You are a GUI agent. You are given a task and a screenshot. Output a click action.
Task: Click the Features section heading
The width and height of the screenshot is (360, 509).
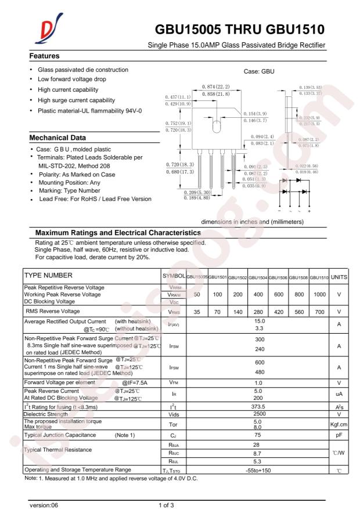[45, 56]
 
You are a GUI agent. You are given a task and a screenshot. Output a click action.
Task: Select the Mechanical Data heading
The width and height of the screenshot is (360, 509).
[57, 138]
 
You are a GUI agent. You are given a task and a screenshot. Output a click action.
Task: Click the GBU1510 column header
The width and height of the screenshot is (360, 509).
[319, 277]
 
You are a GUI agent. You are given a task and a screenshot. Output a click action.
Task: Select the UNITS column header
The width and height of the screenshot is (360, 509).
[339, 277]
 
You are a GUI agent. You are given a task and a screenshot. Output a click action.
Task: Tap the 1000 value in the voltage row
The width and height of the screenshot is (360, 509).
[319, 294]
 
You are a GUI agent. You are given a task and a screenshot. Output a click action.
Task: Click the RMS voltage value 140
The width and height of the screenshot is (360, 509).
[237, 312]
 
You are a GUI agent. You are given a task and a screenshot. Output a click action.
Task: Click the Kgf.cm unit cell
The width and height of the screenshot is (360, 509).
[339, 424]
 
